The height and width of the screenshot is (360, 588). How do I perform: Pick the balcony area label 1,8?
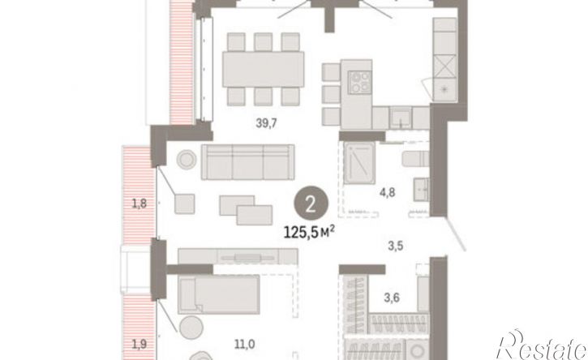[x=139, y=204]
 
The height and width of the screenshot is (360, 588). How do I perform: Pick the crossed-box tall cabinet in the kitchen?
[x=447, y=64]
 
